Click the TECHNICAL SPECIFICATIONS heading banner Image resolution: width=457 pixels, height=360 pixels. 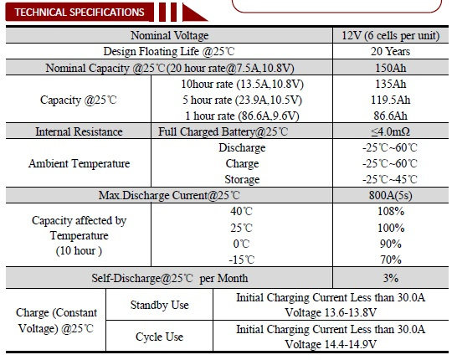click(80, 13)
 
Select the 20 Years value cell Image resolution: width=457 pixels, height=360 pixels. click(390, 51)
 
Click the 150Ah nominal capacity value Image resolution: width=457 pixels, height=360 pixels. click(391, 68)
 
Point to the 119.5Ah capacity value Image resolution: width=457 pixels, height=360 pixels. click(391, 100)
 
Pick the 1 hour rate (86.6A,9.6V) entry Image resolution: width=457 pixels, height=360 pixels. click(242, 116)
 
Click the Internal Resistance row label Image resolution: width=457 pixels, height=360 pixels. click(79, 131)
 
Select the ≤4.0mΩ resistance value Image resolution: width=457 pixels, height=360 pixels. click(391, 131)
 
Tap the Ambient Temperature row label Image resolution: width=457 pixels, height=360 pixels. click(79, 163)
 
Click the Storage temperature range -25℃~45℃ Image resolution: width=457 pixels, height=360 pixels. click(390, 179)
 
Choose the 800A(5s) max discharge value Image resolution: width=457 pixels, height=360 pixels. click(391, 195)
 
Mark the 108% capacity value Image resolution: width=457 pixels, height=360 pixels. click(391, 211)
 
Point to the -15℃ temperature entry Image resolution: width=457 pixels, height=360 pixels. click(242, 260)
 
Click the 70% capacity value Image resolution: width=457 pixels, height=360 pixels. click(391, 260)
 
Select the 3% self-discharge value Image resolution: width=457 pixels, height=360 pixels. click(391, 278)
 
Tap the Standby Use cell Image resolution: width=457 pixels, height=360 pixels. click(159, 305)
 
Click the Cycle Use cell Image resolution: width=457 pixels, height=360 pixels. click(159, 337)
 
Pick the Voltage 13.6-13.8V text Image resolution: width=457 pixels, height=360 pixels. click(331, 312)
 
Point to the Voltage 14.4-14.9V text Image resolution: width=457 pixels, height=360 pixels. click(331, 344)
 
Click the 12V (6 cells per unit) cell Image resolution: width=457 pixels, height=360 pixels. click(391, 35)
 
